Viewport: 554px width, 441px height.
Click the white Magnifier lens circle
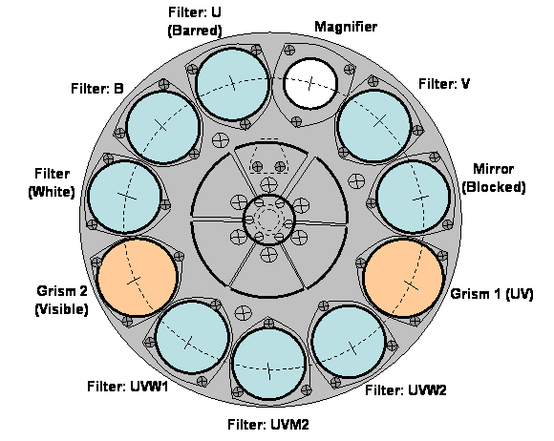[x=310, y=83]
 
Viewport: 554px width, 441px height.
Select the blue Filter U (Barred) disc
[x=232, y=84]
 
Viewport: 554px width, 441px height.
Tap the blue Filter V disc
[x=374, y=125]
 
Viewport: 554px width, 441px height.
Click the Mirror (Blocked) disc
[x=414, y=197]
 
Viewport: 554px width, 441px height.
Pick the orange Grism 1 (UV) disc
[x=403, y=278]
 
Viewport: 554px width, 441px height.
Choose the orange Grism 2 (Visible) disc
[x=138, y=278]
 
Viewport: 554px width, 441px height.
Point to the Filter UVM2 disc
[x=269, y=364]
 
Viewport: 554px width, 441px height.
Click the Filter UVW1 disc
[x=191, y=337]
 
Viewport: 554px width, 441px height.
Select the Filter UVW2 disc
[x=349, y=342]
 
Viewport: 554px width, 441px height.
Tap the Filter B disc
[x=162, y=127]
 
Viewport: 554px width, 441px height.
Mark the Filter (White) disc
[x=124, y=197]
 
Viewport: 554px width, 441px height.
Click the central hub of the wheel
[x=269, y=219]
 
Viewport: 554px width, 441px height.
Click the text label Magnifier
[x=346, y=27]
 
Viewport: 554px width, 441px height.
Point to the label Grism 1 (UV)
[x=492, y=294]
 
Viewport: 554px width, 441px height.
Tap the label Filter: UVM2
[x=268, y=424]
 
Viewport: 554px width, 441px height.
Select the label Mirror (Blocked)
[x=494, y=178]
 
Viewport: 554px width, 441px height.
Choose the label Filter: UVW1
[x=128, y=386]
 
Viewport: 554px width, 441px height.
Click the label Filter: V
[x=444, y=84]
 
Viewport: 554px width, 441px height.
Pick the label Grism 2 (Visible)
[x=61, y=300]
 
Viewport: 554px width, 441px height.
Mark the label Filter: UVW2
[x=406, y=390]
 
